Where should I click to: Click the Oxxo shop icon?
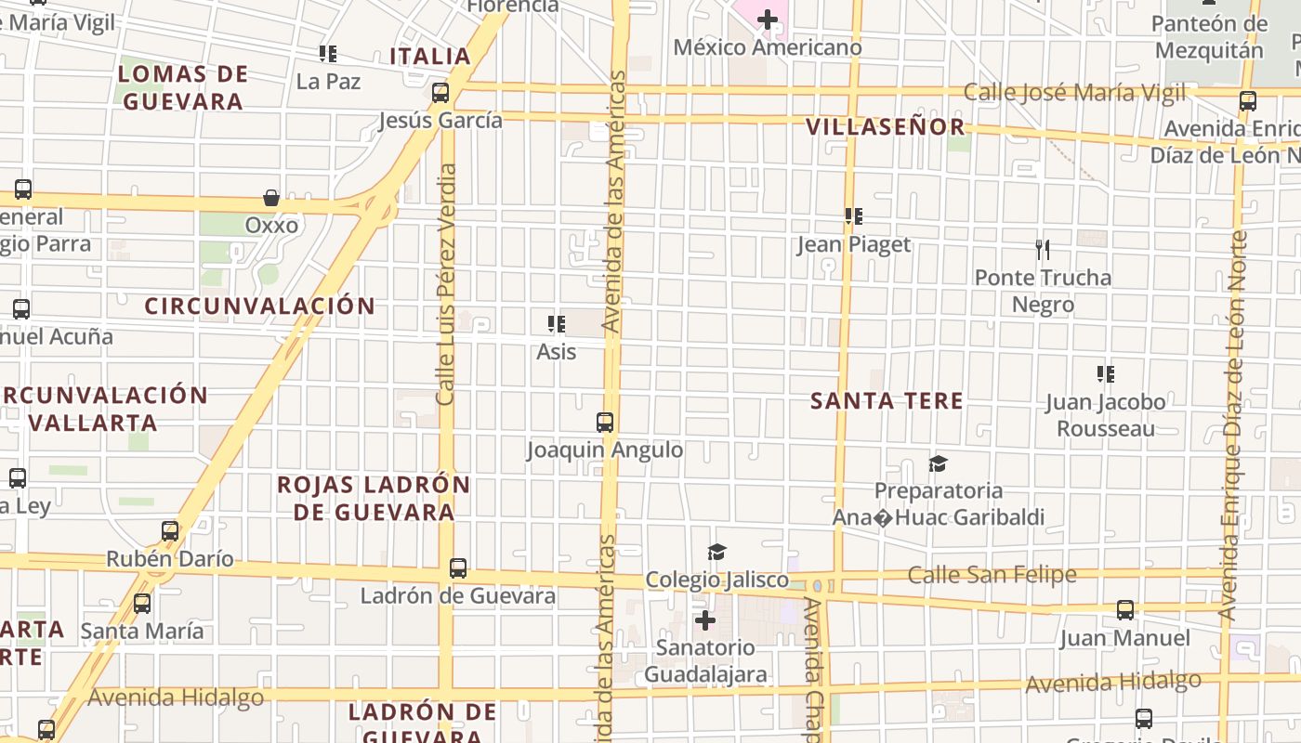[271, 198]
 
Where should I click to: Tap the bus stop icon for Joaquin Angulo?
[605, 423]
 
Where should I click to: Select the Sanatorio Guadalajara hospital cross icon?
[705, 619]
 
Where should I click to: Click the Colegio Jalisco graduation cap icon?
[716, 553]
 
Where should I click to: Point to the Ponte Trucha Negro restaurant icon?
[1043, 249]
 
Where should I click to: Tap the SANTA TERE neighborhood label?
[886, 401]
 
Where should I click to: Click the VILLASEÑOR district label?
[885, 127]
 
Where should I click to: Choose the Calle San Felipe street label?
[992, 575]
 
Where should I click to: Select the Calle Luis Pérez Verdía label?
[446, 284]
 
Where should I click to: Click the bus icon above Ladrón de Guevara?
[457, 568]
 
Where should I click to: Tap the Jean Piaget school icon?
[854, 216]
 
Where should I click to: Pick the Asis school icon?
[557, 324]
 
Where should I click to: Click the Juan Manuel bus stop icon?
[1124, 610]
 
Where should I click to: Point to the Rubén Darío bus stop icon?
[170, 531]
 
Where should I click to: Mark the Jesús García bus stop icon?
[440, 93]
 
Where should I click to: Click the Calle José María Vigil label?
[1074, 92]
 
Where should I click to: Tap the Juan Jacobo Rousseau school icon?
[1105, 374]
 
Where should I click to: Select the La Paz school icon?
[328, 54]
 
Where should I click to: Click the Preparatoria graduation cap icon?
[938, 463]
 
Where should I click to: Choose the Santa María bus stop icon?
[142, 604]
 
